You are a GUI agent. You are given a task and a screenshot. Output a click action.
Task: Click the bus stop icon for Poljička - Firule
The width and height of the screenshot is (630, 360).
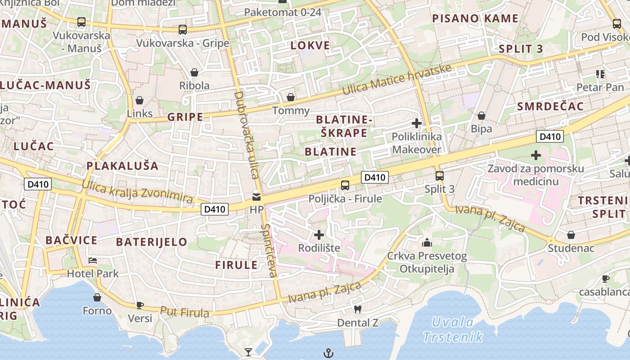(x=345, y=185)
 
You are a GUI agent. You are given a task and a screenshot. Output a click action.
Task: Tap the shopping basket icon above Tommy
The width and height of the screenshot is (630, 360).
(x=291, y=97)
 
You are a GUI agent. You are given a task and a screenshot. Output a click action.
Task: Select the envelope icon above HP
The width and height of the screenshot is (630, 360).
(x=256, y=197)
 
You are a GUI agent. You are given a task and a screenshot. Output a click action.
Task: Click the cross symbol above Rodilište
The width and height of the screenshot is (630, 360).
(x=319, y=234)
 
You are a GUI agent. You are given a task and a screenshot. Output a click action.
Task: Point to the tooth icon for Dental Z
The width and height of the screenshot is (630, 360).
(x=358, y=309)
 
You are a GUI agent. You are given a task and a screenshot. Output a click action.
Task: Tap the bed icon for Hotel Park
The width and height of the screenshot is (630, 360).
(x=93, y=260)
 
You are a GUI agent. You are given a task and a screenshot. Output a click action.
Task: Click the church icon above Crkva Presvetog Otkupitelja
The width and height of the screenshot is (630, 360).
(x=427, y=243)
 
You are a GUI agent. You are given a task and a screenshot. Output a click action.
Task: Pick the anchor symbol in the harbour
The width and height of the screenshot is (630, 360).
(x=328, y=353)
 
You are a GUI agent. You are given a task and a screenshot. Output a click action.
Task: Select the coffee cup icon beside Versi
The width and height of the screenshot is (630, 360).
(x=140, y=305)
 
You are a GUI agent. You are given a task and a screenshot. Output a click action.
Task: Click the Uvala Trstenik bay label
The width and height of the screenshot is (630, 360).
(x=454, y=329)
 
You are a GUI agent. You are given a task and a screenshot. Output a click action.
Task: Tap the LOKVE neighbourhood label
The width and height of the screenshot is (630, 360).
(x=310, y=45)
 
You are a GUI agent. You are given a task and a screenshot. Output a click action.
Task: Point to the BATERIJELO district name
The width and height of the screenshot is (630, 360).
(x=152, y=242)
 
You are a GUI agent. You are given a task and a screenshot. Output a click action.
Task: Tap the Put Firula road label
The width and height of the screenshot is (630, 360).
(x=184, y=312)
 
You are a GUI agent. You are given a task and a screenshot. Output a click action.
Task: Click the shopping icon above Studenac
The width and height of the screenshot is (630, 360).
(x=571, y=235)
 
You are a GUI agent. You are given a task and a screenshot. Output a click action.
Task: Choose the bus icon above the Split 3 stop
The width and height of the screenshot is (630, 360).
(x=440, y=176)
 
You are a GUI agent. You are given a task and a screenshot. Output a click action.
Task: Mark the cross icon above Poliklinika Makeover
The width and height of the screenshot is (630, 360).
(x=417, y=123)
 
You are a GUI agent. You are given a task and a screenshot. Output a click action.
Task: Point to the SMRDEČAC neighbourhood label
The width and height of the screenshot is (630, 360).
(x=550, y=107)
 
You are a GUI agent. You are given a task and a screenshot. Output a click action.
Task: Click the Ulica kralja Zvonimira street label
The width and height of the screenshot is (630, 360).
(x=137, y=192)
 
